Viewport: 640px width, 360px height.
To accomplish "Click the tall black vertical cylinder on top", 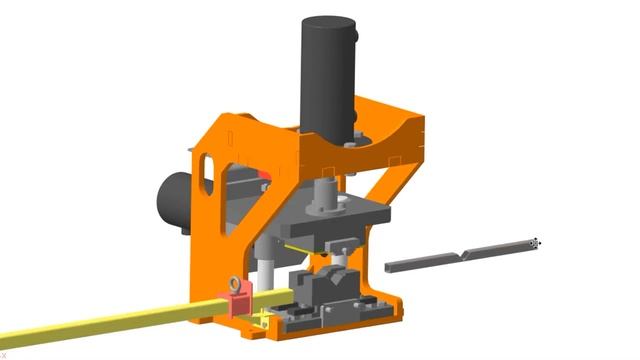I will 327,70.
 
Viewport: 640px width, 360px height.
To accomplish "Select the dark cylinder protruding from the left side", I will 172,200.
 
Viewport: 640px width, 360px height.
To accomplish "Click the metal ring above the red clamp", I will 235,283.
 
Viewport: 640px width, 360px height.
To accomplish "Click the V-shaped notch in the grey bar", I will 462,257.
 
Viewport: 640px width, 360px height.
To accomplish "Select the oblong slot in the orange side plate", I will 207,170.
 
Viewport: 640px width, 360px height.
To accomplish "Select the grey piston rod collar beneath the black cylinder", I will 327,195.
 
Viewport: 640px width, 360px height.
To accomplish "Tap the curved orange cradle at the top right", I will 395,125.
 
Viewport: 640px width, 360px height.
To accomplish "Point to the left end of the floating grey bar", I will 390,268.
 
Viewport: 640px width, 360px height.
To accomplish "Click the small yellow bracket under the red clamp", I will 261,320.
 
